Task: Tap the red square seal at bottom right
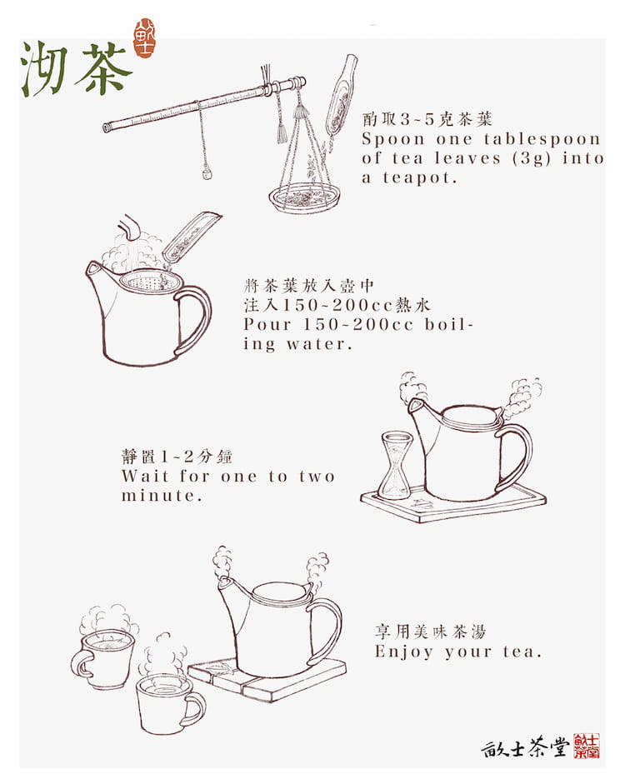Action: pos(587,746)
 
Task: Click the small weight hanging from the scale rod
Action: pos(207,175)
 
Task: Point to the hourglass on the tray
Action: pos(395,466)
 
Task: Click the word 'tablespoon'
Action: pos(542,139)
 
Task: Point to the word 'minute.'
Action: pos(162,496)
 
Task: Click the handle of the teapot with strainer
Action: pos(194,319)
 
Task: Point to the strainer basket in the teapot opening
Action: pos(145,283)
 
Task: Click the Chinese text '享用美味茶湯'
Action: pos(431,632)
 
